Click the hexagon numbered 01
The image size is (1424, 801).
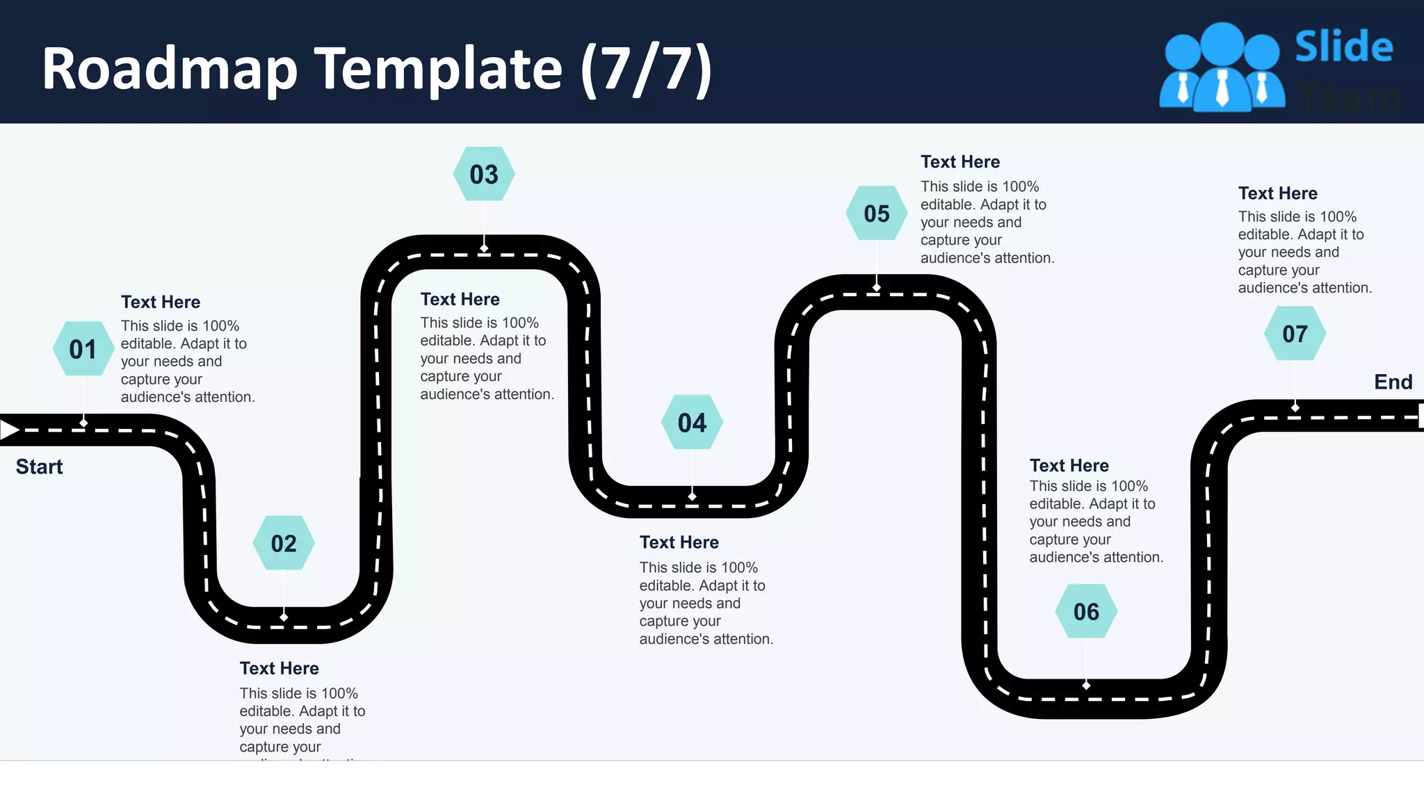click(x=83, y=349)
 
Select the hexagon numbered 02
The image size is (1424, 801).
click(x=283, y=543)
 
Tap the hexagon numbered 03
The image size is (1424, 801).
click(x=484, y=174)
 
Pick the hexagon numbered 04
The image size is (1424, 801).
click(x=692, y=423)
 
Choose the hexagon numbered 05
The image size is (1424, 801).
click(x=877, y=213)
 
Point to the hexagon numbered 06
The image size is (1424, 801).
click(x=1086, y=612)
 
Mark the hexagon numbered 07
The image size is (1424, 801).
click(x=1295, y=334)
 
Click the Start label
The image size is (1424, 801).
click(x=39, y=467)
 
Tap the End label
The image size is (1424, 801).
click(x=1393, y=382)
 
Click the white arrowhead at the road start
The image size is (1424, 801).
click(x=9, y=430)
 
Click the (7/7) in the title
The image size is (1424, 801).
click(x=646, y=69)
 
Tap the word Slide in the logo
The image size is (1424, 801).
click(x=1343, y=47)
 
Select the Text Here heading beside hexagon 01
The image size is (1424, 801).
click(x=161, y=302)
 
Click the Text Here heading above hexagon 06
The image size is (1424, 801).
click(x=1069, y=465)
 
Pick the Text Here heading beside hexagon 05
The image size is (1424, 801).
click(x=960, y=162)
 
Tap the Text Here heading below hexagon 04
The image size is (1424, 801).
click(x=679, y=542)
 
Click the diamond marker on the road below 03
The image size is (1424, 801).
click(x=484, y=248)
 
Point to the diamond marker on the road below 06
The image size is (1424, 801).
click(x=1086, y=686)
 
